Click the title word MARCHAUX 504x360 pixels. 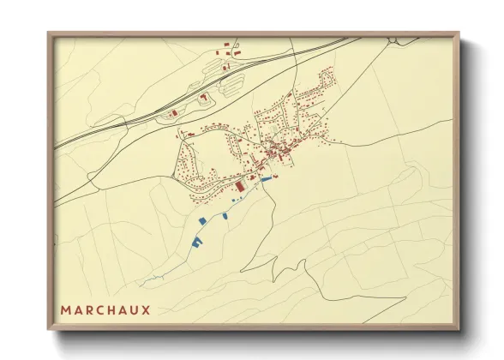(105, 309)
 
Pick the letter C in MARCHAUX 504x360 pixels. (99, 309)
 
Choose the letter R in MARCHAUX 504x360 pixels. (88, 309)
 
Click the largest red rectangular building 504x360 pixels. (240, 185)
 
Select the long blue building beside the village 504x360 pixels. (266, 178)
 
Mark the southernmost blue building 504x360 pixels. (196, 243)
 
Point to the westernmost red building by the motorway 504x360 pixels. (171, 113)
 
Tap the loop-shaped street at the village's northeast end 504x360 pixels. (326, 84)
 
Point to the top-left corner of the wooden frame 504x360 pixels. (48, 33)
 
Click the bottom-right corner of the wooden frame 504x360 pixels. (460, 331)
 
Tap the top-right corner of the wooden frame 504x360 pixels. (460, 33)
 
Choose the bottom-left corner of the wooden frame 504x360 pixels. (48, 331)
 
